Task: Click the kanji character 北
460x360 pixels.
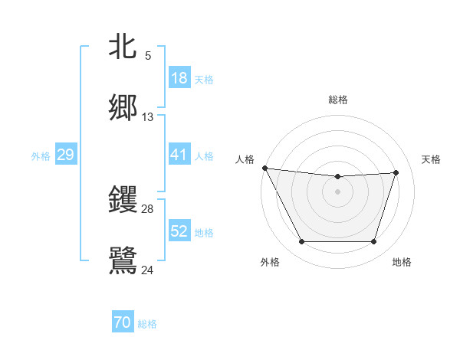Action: click(123, 47)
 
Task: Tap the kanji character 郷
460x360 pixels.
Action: click(123, 107)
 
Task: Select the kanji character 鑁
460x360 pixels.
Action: click(123, 199)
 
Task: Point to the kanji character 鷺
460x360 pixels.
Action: click(123, 259)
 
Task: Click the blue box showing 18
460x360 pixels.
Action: click(179, 78)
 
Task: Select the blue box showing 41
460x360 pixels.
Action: click(179, 155)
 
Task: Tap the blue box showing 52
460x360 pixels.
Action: click(179, 231)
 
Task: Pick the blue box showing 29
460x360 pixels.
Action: click(65, 155)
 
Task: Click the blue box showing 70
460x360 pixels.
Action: click(123, 323)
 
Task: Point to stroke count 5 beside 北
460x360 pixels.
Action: click(148, 55)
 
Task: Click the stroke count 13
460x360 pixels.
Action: click(148, 117)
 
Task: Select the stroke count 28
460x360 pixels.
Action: click(148, 208)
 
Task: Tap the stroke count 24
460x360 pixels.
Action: click(148, 269)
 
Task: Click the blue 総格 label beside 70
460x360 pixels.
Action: click(147, 324)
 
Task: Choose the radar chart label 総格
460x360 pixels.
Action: click(338, 100)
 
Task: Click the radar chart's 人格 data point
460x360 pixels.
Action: click(264, 168)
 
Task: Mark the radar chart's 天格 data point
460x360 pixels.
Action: click(396, 172)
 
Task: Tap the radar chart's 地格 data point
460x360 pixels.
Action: click(373, 242)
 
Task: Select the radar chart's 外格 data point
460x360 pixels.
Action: click(301, 242)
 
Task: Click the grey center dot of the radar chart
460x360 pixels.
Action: click(337, 191)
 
